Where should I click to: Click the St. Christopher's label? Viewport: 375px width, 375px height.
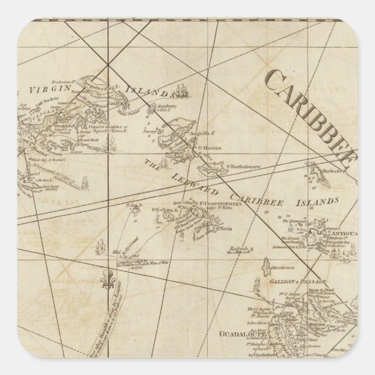tap(219, 204)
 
